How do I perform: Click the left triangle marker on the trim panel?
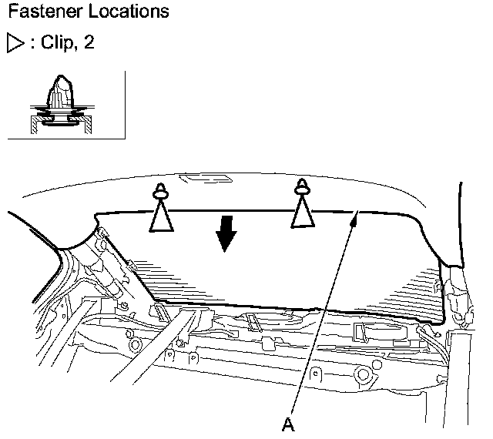pos(161,217)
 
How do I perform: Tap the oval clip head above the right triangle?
pos(302,186)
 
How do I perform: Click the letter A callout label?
pos(288,422)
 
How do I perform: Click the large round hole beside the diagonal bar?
pos(129,337)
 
